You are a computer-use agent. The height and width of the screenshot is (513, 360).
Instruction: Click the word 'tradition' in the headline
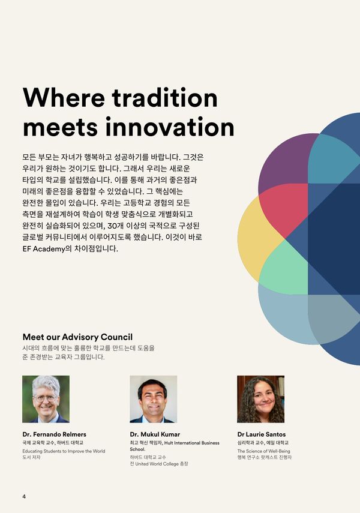tap(165, 97)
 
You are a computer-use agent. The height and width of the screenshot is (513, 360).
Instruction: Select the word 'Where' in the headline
tap(64, 97)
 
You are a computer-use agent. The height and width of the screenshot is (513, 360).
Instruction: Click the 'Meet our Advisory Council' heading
tap(77, 337)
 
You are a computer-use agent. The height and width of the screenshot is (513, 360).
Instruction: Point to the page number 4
tap(24, 496)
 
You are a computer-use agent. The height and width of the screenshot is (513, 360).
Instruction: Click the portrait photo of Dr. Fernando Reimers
tap(46, 399)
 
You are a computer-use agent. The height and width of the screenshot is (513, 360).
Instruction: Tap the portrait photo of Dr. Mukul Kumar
tap(154, 399)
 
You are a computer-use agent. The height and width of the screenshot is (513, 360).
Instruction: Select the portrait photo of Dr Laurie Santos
tap(261, 399)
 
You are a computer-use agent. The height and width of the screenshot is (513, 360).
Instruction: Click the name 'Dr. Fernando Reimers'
tap(55, 434)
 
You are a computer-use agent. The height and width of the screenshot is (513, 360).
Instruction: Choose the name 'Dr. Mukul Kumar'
tap(155, 434)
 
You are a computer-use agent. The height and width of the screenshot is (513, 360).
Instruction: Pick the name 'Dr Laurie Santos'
tap(262, 434)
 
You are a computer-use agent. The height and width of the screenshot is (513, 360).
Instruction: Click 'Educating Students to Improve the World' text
tap(64, 451)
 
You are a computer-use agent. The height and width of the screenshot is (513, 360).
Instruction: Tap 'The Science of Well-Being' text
tap(264, 451)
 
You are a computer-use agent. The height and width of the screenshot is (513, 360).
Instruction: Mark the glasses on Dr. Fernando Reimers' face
tap(46, 398)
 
